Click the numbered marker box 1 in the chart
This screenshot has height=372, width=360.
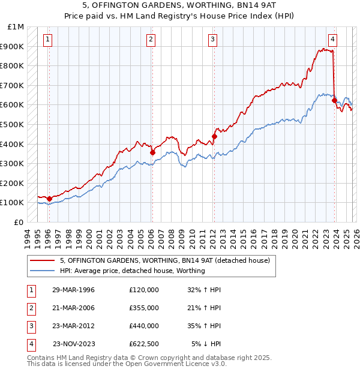[48, 40]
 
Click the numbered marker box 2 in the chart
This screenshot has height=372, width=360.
[151, 40]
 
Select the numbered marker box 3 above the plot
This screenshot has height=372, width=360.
[213, 40]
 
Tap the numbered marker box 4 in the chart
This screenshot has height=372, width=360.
[332, 40]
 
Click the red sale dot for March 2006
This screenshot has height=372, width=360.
[152, 152]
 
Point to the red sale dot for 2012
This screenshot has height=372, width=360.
[214, 136]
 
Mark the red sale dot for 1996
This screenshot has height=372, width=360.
[49, 199]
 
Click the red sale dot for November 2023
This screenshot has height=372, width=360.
[334, 100]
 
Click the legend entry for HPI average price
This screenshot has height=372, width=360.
[133, 271]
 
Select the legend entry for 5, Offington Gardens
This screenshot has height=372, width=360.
[165, 260]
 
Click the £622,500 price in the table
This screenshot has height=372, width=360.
[144, 344]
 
